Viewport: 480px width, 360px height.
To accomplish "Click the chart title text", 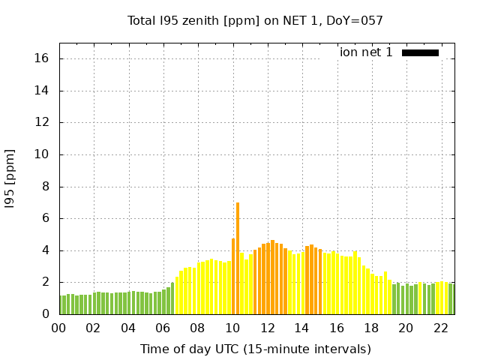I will (x=255, y=20).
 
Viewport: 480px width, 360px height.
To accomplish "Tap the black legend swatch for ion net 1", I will (x=420, y=52).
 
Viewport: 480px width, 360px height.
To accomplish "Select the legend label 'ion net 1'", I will (x=366, y=52).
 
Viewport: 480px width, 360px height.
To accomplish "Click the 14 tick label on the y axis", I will (x=42, y=91).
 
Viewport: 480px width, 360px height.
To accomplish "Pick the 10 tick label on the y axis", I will (x=42, y=154).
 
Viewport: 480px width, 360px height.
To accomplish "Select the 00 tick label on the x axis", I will (x=58, y=328).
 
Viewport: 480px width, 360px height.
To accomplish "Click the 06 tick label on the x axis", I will (x=163, y=328).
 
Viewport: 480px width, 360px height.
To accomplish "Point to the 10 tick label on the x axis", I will (x=232, y=328).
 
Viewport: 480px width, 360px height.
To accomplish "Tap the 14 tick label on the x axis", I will (x=301, y=328).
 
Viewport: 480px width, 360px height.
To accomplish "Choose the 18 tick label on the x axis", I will (x=371, y=328).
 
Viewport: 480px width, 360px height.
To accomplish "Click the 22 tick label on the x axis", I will (x=440, y=328).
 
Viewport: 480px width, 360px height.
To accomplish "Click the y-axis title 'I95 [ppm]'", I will (x=10, y=186).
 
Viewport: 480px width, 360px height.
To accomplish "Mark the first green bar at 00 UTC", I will (x=61, y=304).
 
